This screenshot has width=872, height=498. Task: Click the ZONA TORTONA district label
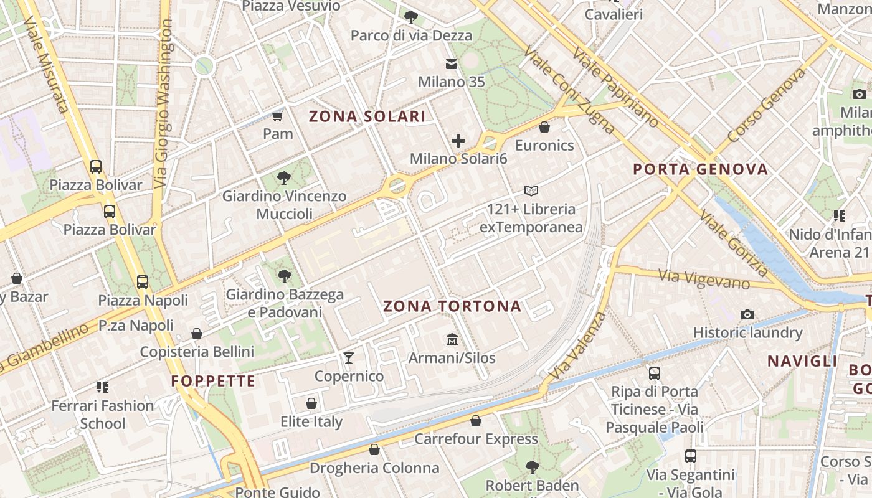click(452, 306)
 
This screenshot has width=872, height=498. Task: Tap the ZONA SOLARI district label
click(367, 116)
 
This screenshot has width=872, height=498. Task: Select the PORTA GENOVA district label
click(701, 169)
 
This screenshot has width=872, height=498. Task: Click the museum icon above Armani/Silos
click(452, 340)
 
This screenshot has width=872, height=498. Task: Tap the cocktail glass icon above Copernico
click(349, 358)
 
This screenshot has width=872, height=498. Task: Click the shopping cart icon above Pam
click(278, 116)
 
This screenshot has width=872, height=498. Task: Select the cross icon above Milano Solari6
click(458, 141)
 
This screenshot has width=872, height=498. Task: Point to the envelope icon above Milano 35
click(451, 64)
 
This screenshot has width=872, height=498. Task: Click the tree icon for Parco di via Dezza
click(410, 17)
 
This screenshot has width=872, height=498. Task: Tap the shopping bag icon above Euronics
click(544, 127)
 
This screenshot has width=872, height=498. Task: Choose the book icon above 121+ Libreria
click(531, 190)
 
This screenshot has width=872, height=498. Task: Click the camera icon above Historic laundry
click(747, 315)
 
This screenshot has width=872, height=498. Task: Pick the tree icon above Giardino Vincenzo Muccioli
click(284, 178)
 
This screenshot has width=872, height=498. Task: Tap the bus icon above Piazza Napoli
click(143, 282)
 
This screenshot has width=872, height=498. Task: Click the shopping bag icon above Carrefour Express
click(476, 421)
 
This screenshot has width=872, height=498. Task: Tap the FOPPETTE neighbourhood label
click(213, 381)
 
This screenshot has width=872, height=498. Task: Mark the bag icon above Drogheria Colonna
click(374, 449)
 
